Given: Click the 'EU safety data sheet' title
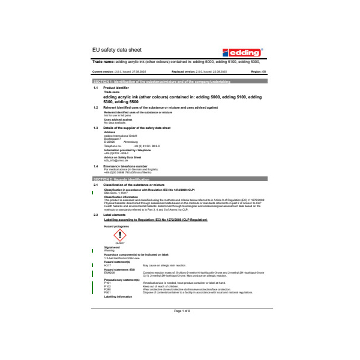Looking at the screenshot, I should tap(118, 51).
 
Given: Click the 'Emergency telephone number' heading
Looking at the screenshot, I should tap(125, 166).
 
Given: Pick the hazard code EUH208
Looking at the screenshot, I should tap(109, 272).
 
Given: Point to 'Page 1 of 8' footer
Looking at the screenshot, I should tap(182, 311).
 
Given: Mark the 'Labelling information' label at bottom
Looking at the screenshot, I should tap(116, 297).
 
